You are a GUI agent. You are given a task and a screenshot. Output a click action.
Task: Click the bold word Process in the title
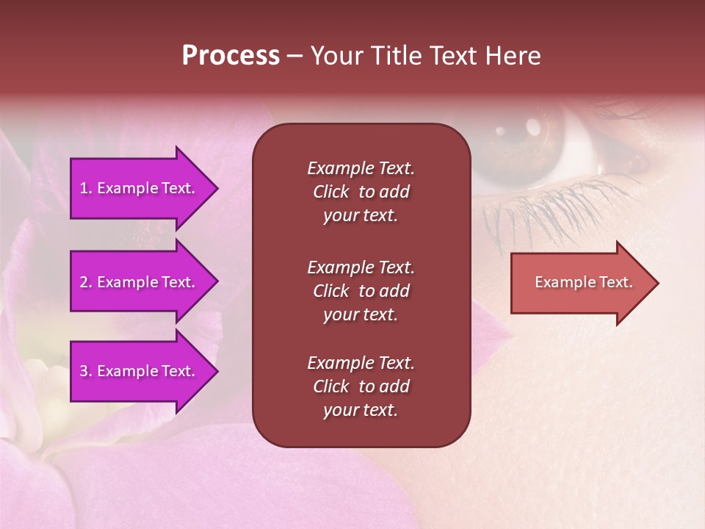tap(231, 56)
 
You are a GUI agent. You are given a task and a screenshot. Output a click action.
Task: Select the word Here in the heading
tap(512, 56)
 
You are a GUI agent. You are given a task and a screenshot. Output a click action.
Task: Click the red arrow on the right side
tap(580, 283)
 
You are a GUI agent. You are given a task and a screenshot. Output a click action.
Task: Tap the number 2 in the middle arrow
tap(84, 282)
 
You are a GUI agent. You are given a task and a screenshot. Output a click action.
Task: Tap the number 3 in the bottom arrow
tap(84, 371)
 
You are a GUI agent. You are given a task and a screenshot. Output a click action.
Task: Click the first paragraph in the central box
tap(361, 192)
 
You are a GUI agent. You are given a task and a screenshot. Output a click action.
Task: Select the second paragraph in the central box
tap(361, 291)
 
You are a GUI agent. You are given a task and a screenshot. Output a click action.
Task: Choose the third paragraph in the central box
tap(361, 386)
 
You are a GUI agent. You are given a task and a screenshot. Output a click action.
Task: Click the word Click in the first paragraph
tap(331, 192)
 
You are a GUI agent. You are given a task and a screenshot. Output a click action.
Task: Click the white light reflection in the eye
tap(501, 131)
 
